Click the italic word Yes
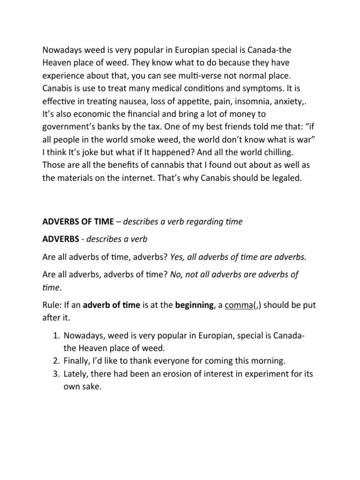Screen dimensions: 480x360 tap(177, 256)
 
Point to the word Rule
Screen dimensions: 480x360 tap(51, 306)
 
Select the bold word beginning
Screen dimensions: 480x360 tap(194, 306)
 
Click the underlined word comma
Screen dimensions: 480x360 tap(239, 306)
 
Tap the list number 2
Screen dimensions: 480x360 tap(53, 360)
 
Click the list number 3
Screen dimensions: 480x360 tap(53, 374)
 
